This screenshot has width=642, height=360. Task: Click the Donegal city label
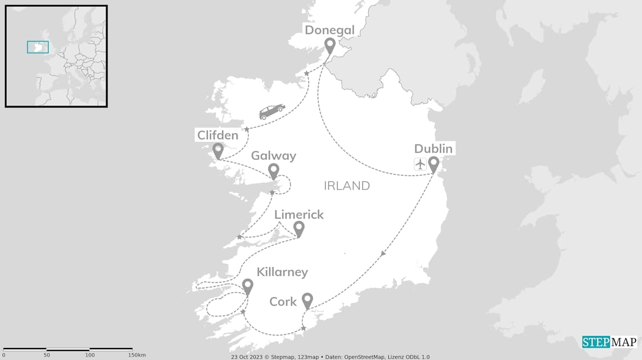pos(330,30)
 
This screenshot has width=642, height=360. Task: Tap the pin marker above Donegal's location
pos(330,46)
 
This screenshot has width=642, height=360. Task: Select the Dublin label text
pos(433,148)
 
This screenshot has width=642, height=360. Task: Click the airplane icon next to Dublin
pos(420,164)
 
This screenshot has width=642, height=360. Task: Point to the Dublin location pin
pos(433,164)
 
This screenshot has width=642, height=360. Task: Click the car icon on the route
pos(272,111)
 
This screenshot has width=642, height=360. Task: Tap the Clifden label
pos(218,135)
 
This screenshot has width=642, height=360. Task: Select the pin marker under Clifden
pos(218,150)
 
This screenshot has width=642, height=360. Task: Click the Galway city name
pos(273,155)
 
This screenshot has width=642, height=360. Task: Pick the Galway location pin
pos(273,170)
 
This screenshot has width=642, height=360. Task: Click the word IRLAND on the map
pos(347,186)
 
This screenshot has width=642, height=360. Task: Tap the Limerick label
pos(299,215)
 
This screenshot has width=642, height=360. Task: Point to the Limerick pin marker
pos(299,229)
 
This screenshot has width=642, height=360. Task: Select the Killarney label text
pos(282,272)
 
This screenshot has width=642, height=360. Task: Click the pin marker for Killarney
pos(247,286)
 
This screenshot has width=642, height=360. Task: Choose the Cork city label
pos(283,302)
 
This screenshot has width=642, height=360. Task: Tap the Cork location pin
pos(307,300)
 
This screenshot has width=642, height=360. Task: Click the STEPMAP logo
pos(609,342)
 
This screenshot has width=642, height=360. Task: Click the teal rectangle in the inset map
pos(38,47)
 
